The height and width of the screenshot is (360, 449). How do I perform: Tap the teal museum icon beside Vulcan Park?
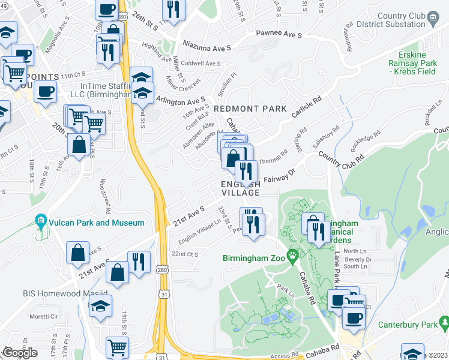[41, 222]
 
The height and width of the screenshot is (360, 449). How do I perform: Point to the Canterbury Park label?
[407, 325]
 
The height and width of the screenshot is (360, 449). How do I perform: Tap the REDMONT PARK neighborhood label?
[250, 109]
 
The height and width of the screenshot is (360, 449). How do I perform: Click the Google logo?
[20, 353]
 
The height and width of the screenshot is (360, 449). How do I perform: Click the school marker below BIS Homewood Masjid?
[100, 305]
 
